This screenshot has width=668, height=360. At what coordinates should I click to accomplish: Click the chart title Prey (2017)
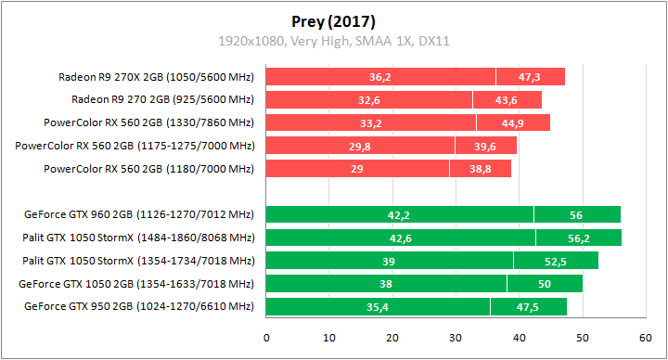point(333,20)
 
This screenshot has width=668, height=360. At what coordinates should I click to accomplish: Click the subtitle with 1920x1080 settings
point(333,41)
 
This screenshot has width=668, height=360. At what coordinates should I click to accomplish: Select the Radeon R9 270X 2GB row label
point(156,76)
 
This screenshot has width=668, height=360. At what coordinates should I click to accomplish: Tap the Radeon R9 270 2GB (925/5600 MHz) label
point(162,99)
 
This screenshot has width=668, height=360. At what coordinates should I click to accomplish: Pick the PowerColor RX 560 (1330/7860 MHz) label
point(148,122)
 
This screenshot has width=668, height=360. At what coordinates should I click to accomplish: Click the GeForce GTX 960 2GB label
point(139,215)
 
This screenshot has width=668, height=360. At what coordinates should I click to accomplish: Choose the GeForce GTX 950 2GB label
point(139,306)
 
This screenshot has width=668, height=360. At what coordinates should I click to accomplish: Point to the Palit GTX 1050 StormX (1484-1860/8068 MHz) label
point(138,238)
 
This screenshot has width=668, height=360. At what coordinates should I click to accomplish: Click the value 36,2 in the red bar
point(380,77)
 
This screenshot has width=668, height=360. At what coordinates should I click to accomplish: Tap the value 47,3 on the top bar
point(530,77)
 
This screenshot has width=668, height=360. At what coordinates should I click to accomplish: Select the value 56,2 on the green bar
point(578,238)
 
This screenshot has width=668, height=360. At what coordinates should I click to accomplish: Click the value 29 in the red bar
point(357,169)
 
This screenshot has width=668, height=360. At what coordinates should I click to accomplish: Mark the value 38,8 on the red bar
point(481,169)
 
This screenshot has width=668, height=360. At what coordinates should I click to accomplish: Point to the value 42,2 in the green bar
point(399,215)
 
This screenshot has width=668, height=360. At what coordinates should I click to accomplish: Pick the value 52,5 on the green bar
point(556,261)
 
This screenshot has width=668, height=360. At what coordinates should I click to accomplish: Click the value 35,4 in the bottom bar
point(378,307)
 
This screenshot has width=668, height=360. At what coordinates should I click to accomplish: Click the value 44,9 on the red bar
point(513,122)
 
